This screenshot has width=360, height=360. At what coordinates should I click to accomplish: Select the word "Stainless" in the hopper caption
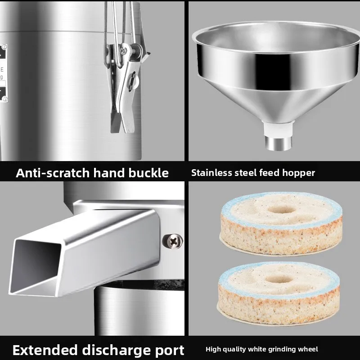(x=211, y=173)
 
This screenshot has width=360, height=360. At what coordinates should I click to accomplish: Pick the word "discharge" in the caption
(x=117, y=350)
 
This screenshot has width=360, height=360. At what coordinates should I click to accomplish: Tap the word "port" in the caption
(x=170, y=350)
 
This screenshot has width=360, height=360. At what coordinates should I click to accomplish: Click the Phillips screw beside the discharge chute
(x=172, y=241)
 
